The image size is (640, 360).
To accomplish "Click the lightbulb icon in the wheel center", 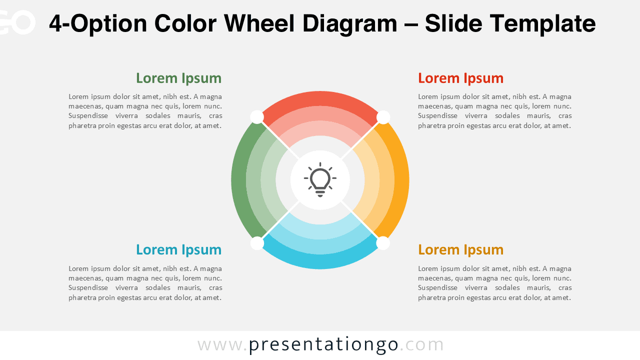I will click(320, 179).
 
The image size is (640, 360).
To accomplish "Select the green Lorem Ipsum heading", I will click(178, 78).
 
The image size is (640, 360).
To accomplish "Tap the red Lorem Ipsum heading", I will click(460, 78).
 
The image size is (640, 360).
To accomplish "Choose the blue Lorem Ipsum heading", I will click(178, 250).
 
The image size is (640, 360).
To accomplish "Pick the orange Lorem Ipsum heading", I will click(460, 250).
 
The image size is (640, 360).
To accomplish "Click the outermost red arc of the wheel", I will click(320, 98).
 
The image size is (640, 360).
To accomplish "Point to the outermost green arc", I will click(238, 180).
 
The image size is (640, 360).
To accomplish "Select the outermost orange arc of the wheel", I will click(401, 180).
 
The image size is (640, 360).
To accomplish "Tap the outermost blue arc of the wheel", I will click(320, 261).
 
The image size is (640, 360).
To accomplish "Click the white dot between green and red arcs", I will click(257, 117).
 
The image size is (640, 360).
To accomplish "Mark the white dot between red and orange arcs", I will click(383, 117).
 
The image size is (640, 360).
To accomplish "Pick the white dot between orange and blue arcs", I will click(383, 243).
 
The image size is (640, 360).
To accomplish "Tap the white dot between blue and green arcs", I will click(257, 243).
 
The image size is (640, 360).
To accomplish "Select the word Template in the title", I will click(542, 23).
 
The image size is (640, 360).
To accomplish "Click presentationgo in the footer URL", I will click(323, 344).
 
